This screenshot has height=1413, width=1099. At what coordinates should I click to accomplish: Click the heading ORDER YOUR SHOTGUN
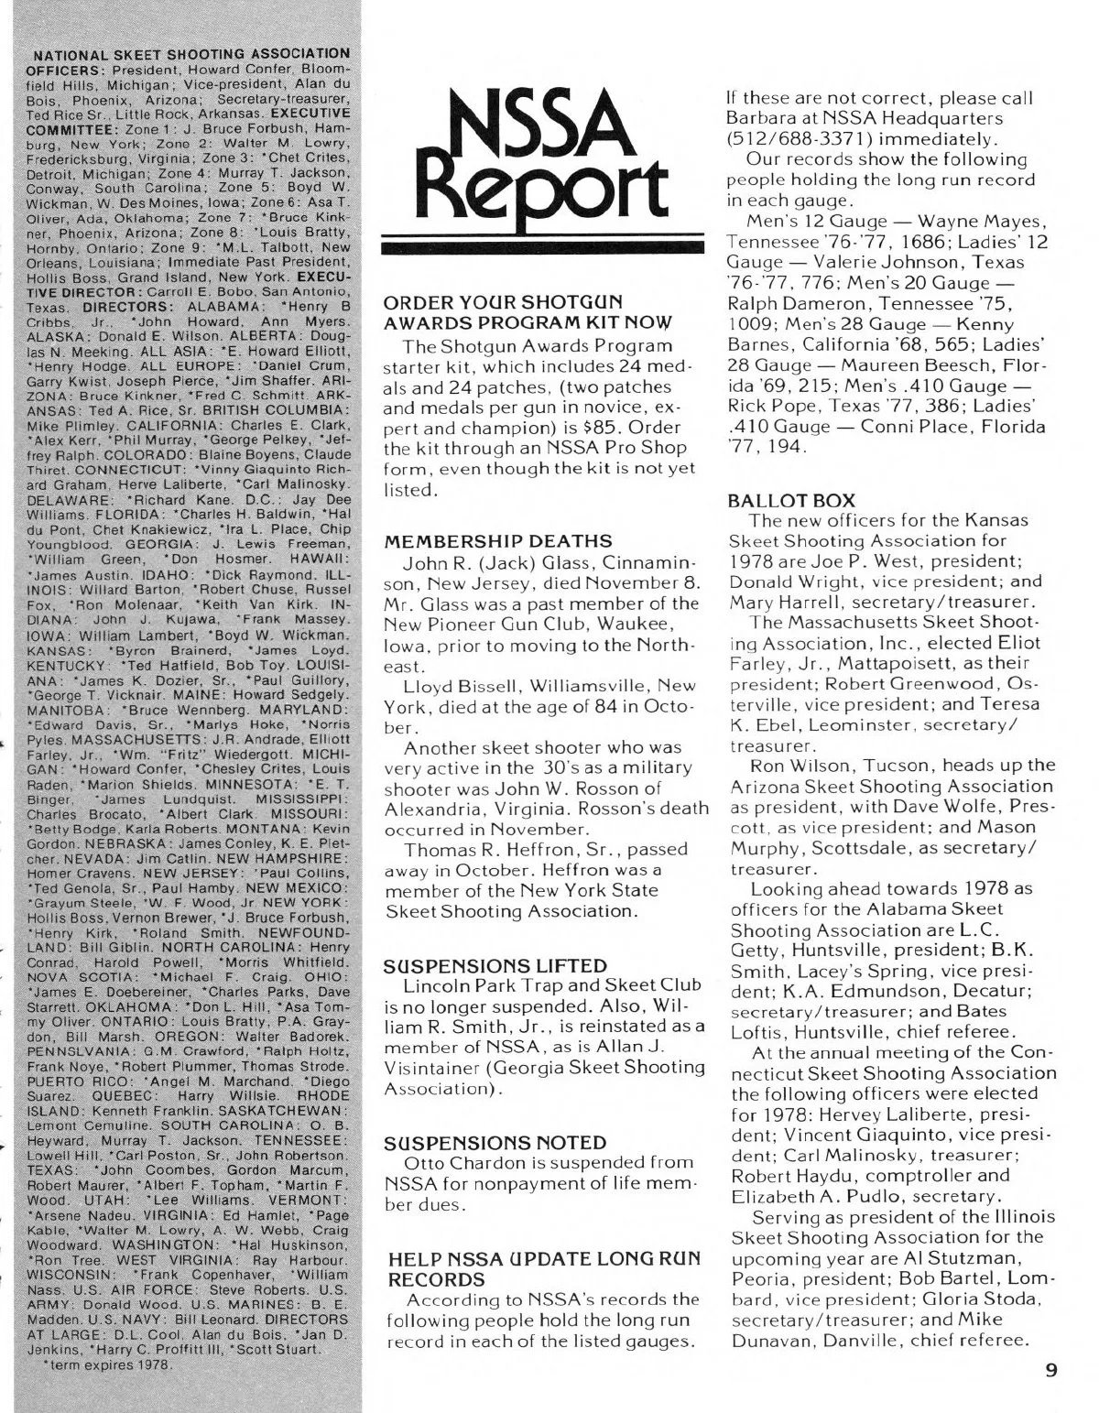[504, 302]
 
